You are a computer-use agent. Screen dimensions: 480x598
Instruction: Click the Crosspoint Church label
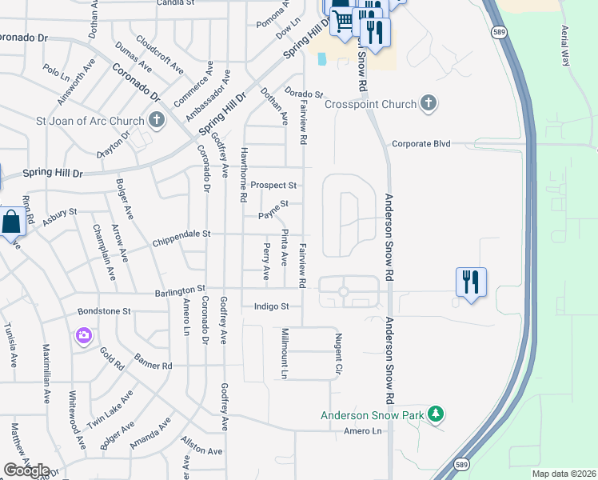[x=371, y=104]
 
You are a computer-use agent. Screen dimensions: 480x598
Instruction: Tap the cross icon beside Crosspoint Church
[x=429, y=103]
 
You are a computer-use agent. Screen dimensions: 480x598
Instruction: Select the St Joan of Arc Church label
[x=90, y=121]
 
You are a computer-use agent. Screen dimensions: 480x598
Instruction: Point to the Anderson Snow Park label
[x=372, y=415]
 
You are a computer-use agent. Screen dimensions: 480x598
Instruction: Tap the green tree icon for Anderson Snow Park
[x=436, y=414]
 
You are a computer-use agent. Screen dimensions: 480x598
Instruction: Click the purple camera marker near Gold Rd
[x=83, y=337]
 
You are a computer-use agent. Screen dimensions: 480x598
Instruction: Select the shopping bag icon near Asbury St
[x=13, y=222]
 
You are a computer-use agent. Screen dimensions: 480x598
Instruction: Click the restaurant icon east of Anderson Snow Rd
[x=470, y=282]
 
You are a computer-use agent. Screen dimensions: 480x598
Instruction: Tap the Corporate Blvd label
[x=421, y=144]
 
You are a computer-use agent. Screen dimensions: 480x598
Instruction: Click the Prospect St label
[x=273, y=185]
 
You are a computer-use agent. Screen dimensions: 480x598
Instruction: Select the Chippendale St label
[x=181, y=234]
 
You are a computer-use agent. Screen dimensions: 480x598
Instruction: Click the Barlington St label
[x=180, y=288]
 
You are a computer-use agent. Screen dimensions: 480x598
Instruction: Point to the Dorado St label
[x=304, y=94]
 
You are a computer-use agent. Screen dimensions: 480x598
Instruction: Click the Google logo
[x=27, y=470]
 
